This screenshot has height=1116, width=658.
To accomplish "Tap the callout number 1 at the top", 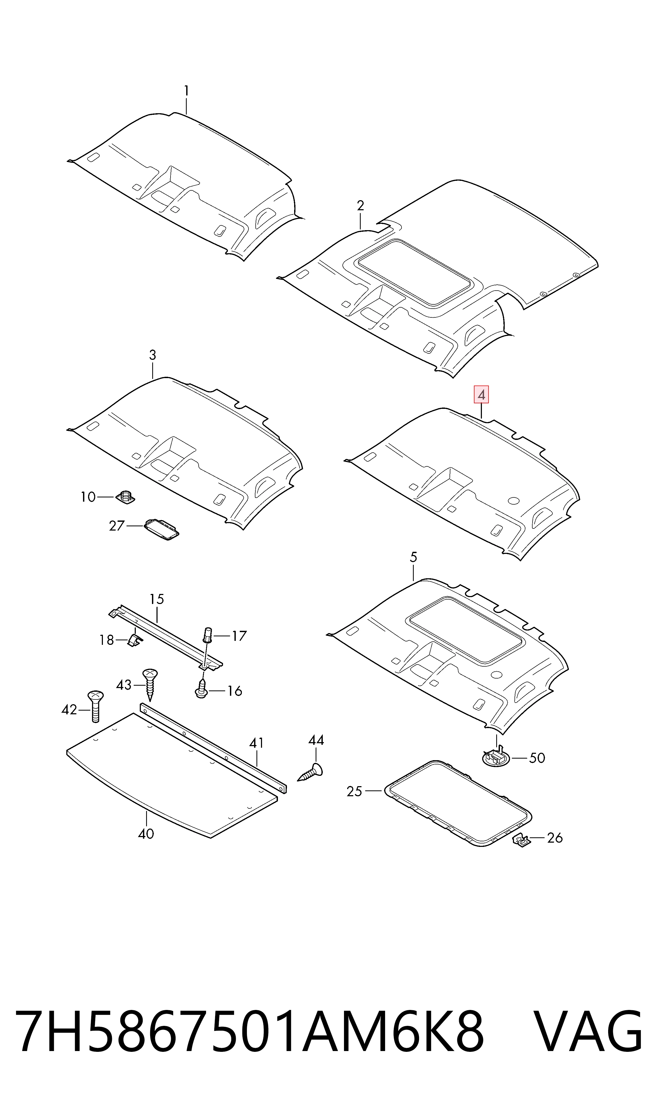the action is (186, 91).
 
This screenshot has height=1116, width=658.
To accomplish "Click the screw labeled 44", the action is (310, 773).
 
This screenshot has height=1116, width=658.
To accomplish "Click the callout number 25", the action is (354, 791).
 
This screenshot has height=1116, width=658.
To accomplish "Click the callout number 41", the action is (256, 743).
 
